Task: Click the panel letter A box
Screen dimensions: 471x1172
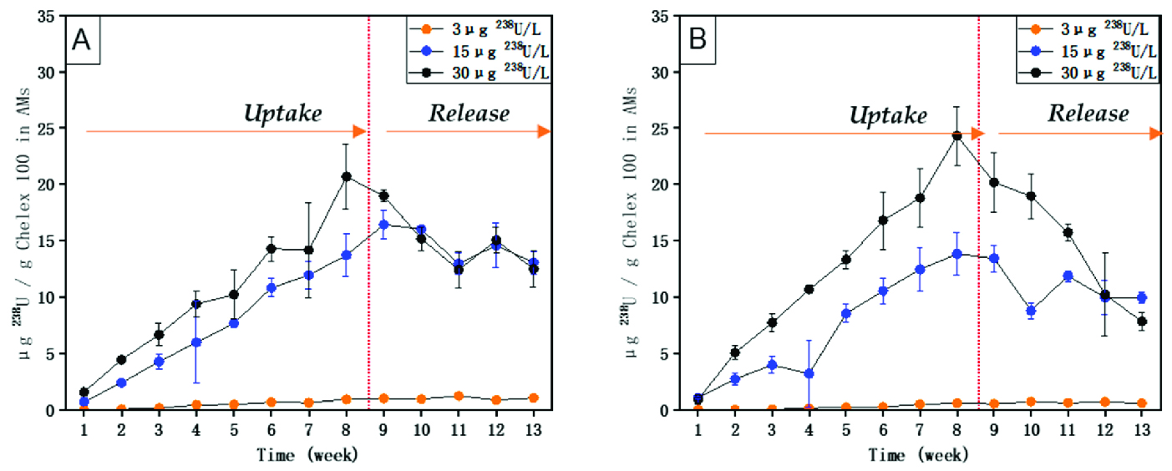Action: pos(83,40)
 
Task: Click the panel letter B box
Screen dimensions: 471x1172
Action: pos(699,40)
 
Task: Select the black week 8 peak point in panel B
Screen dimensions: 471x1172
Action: pos(957,135)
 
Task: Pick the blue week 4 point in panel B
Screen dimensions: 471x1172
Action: pos(808,373)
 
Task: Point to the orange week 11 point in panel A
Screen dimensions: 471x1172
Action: pos(459,396)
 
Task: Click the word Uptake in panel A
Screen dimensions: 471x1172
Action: pos(282,114)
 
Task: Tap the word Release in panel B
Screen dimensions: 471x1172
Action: pos(1088,114)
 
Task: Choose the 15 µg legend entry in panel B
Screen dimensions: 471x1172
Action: pos(1088,51)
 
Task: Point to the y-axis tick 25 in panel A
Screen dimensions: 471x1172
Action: pos(56,128)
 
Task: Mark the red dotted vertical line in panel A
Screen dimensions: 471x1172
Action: pos(368,251)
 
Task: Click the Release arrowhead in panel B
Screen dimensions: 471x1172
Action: pos(1156,133)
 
